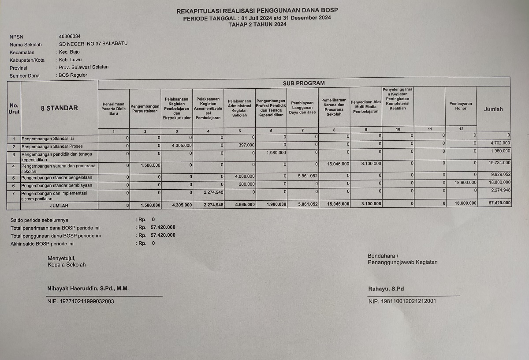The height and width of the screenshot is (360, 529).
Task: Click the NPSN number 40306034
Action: pos(70,36)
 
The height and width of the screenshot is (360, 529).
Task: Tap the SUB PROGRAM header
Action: pos(304,82)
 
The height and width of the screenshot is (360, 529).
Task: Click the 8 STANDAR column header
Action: pos(59,108)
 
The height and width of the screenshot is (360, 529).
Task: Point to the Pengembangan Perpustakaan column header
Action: pos(145,108)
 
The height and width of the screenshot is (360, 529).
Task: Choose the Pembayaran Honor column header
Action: pos(461,106)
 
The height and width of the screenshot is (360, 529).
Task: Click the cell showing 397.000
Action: pos(246,145)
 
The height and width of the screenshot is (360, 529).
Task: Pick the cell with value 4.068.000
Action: pos(244,176)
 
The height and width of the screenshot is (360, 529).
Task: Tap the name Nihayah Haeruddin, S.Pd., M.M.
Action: pos(88,289)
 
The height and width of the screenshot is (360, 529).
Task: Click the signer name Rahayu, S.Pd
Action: pos(386,289)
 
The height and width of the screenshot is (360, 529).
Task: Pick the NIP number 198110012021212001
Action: pos(402,301)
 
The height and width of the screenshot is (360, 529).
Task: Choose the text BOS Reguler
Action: pos(73,75)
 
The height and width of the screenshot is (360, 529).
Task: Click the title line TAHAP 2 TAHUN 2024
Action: pos(257,24)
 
